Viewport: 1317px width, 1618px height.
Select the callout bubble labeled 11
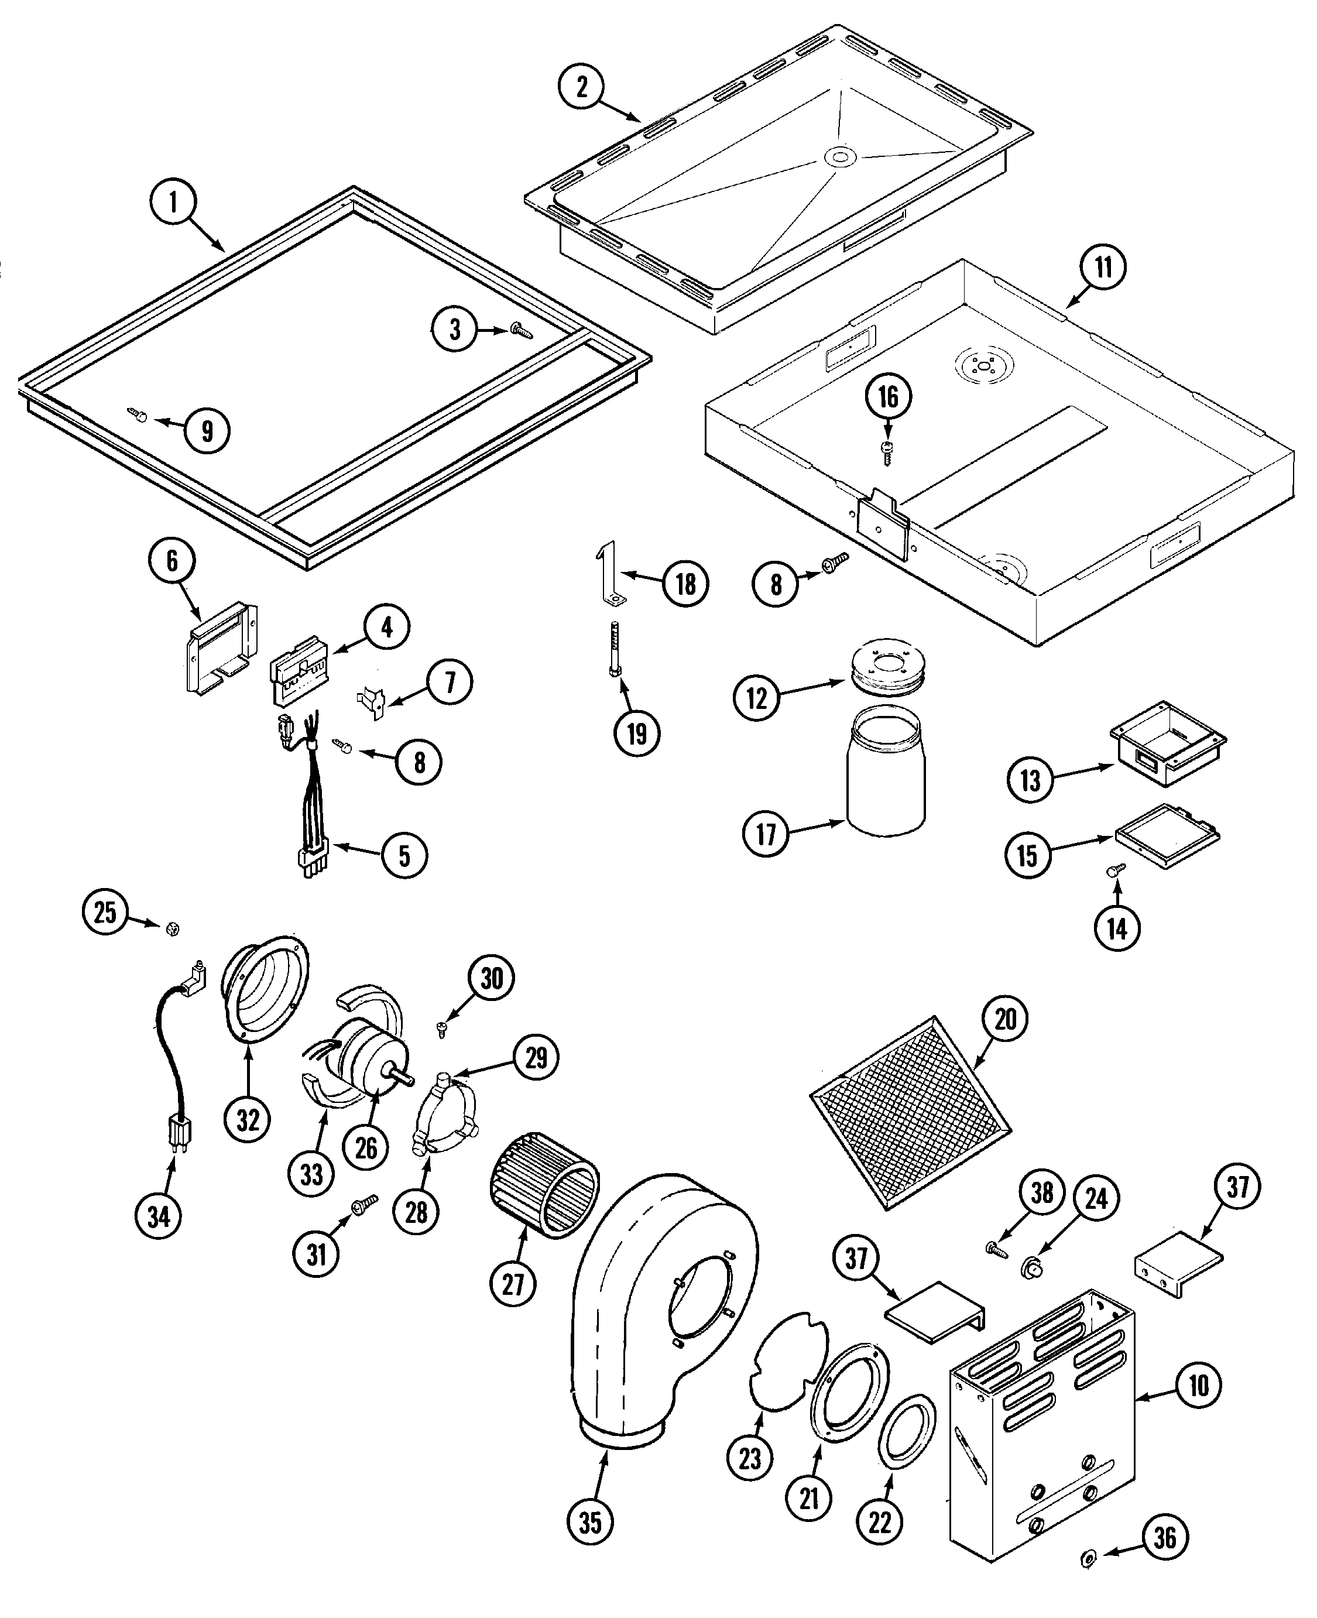(x=1103, y=267)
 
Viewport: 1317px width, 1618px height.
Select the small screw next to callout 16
(x=887, y=449)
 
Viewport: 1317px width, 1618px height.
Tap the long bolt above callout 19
(x=615, y=649)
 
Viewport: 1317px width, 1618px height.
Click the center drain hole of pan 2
(x=839, y=157)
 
